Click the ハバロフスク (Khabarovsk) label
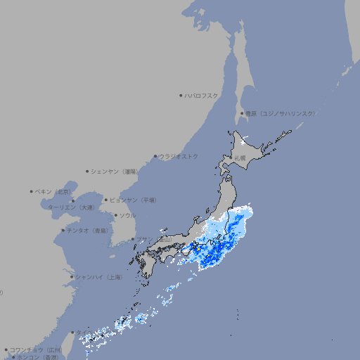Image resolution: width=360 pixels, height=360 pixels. (202, 95)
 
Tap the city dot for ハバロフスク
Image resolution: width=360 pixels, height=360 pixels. (181, 95)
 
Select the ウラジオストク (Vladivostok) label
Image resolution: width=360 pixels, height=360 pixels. (179, 156)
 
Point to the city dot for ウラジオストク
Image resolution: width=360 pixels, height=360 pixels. (155, 156)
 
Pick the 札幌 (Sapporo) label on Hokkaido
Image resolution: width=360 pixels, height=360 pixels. (240, 158)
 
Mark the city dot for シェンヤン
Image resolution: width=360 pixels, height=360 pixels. (87, 171)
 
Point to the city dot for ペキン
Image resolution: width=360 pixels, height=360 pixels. (32, 191)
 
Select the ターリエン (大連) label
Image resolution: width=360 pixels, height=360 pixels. (70, 207)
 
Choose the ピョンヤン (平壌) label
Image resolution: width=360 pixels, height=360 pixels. (133, 200)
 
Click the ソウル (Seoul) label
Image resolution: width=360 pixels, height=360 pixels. (127, 215)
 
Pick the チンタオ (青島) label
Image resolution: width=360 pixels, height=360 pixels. (88, 230)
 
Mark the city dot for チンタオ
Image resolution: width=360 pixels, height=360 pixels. (63, 230)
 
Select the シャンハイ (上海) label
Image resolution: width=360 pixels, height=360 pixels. (99, 277)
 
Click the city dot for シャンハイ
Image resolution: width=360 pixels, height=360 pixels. (72, 277)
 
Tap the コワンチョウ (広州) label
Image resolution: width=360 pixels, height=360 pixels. (35, 349)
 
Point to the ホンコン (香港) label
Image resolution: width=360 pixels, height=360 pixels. (39, 357)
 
